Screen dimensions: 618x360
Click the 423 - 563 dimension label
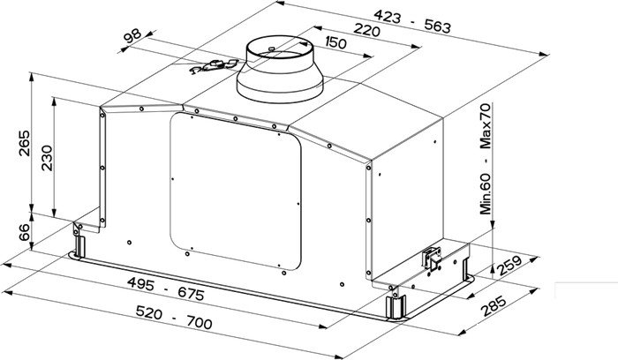click(412, 22)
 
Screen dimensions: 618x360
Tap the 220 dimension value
click(366, 29)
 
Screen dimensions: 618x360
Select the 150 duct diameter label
click(335, 42)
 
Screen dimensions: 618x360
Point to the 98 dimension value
click(132, 36)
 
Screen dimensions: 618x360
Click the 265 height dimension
click(24, 143)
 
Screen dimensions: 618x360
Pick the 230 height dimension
click(47, 158)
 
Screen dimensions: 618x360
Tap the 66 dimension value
click(24, 232)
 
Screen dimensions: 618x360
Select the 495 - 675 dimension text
click(166, 289)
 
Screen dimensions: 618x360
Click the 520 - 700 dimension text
click(174, 318)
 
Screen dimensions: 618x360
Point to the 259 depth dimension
click(509, 266)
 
